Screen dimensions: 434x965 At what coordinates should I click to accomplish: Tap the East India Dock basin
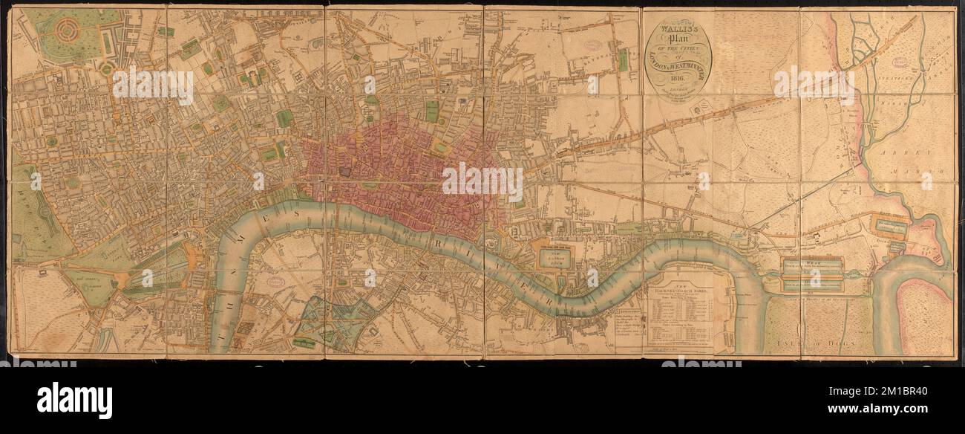coord(891,225)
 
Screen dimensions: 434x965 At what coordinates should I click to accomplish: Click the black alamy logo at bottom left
coord(74,400)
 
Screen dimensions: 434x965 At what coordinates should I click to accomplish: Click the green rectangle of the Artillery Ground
coord(431,111)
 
